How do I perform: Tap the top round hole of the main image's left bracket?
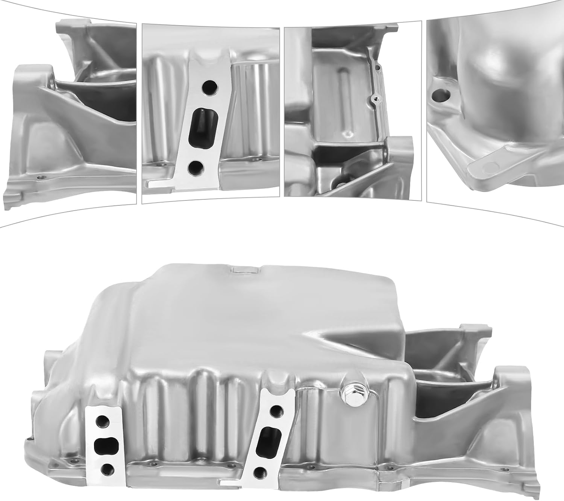pos(103,419)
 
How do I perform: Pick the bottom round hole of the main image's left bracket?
pos(106,469)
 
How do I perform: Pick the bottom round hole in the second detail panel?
pos(195,168)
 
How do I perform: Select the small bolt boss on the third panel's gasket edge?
pos(374,99)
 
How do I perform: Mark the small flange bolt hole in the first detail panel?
pos(39,177)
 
